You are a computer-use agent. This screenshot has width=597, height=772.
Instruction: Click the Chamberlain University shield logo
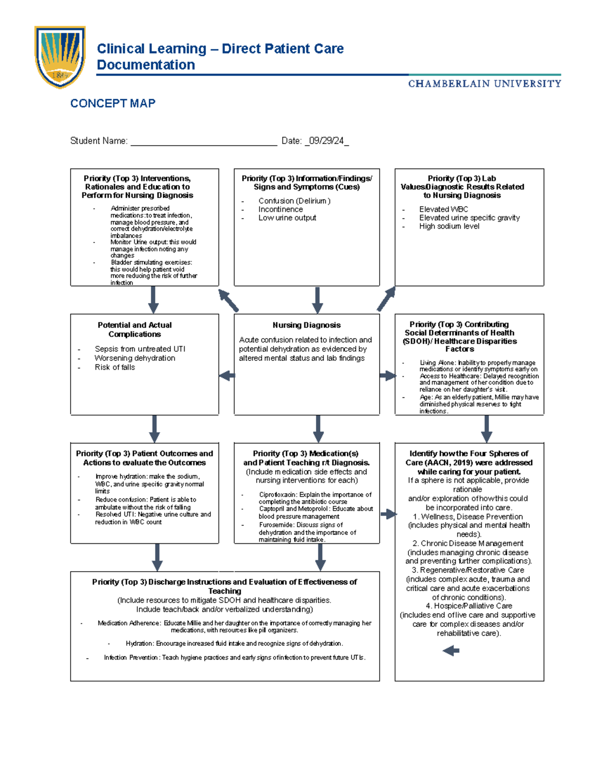[60, 57]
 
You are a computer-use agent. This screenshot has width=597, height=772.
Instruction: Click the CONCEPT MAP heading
[113, 103]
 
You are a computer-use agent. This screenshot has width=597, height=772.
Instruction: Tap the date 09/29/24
[326, 141]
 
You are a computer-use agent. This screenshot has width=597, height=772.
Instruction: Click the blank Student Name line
[203, 142]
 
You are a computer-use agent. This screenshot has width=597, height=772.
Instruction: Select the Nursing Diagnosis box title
[306, 325]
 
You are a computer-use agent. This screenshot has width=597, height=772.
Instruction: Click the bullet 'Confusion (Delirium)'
[294, 201]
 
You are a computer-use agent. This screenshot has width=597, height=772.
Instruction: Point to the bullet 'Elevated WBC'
[443, 209]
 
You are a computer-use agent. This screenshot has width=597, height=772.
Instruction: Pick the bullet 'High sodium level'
[449, 226]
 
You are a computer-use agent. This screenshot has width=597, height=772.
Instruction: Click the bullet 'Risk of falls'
[115, 367]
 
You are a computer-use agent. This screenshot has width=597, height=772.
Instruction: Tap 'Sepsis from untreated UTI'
[140, 349]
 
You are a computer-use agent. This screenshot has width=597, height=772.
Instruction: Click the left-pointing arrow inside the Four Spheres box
[451, 651]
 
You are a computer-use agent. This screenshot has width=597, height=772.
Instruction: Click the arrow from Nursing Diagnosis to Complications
[227, 376]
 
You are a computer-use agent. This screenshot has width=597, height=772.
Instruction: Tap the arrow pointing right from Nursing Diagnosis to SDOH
[388, 376]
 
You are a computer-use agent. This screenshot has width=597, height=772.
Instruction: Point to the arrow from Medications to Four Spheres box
[388, 514]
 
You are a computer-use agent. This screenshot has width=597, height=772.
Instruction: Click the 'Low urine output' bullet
[287, 218]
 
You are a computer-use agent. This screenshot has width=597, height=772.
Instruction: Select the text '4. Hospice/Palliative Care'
[469, 606]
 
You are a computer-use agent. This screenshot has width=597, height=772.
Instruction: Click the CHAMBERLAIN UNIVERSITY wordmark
[485, 84]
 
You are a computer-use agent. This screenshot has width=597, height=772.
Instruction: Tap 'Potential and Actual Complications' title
[135, 330]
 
